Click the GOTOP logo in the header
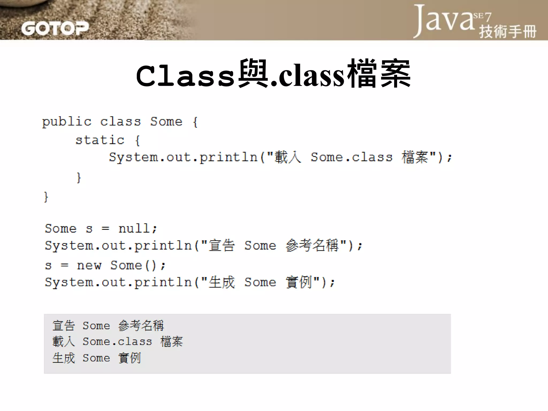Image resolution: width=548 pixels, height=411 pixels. tap(55, 28)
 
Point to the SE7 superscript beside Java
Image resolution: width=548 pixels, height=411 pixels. tap(482, 17)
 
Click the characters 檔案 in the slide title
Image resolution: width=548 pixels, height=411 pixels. tap(379, 74)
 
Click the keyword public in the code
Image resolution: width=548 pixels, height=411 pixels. tap(67, 122)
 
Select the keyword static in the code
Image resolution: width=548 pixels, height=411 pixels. tap(100, 140)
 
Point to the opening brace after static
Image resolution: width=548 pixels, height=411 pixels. tap(138, 140)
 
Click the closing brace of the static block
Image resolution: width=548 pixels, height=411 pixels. tap(79, 177)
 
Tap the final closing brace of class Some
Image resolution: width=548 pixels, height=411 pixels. tap(46, 197)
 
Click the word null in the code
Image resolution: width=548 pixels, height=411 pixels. tap(134, 229)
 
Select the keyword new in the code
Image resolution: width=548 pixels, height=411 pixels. tap(89, 265)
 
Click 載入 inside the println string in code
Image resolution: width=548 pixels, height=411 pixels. tap(288, 157)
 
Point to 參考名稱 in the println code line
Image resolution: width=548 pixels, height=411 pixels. tap(312, 245)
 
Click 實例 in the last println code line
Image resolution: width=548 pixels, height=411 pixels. tap(299, 282)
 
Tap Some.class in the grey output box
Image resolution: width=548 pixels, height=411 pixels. tap(117, 342)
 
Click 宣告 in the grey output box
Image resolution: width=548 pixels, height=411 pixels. tap(64, 326)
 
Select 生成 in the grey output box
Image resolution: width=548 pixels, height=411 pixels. tap(64, 358)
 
